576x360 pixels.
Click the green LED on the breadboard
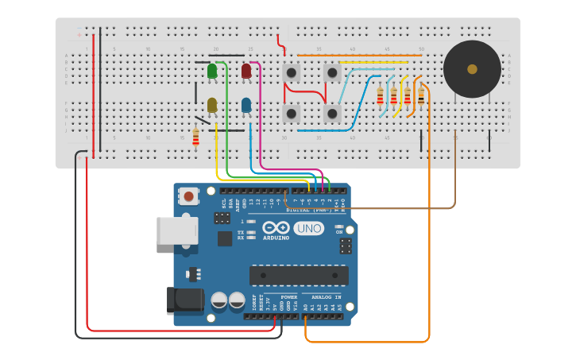pyautogui.click(x=212, y=72)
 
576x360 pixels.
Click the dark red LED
pyautogui.click(x=246, y=72)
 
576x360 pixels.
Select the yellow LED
pyautogui.click(x=212, y=105)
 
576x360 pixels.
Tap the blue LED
pyautogui.click(x=246, y=105)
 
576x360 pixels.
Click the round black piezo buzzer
pyautogui.click(x=472, y=69)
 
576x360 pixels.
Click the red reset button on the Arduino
pyautogui.click(x=189, y=195)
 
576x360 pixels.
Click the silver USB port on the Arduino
pyautogui.click(x=176, y=230)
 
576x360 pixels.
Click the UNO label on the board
pyautogui.click(x=308, y=228)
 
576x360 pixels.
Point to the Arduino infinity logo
pyautogui.click(x=276, y=228)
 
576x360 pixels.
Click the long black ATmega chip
pyautogui.click(x=299, y=275)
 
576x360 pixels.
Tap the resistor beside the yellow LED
pyautogui.click(x=196, y=137)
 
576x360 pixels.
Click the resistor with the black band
pyautogui.click(x=421, y=95)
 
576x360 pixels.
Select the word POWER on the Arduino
pyautogui.click(x=288, y=296)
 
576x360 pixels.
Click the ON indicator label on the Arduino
pyautogui.click(x=339, y=232)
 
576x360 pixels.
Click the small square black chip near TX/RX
pyautogui.click(x=225, y=238)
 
